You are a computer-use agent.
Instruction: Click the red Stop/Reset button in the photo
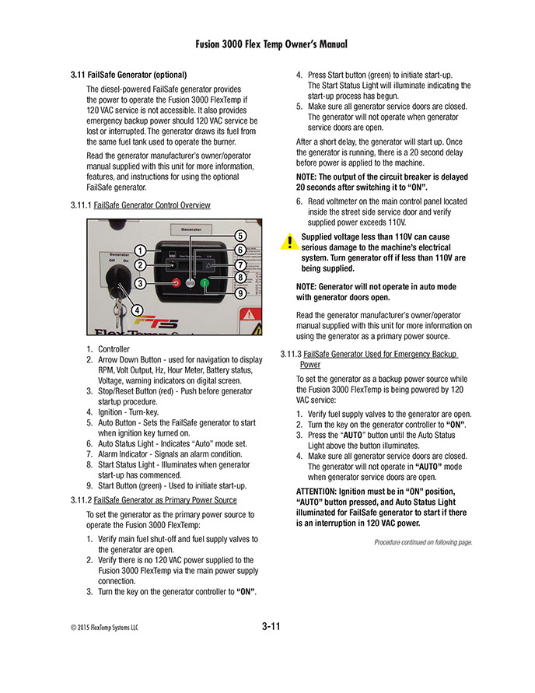click(177, 283)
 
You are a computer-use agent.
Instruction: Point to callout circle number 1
click(141, 250)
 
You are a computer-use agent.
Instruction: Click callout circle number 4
click(138, 310)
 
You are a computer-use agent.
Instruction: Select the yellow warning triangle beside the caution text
click(288, 241)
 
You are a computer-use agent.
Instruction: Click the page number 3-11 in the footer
click(270, 626)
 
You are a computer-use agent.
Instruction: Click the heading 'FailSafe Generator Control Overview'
click(152, 205)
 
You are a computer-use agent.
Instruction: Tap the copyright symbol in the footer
click(73, 627)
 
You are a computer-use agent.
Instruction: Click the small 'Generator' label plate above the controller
click(197, 230)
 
